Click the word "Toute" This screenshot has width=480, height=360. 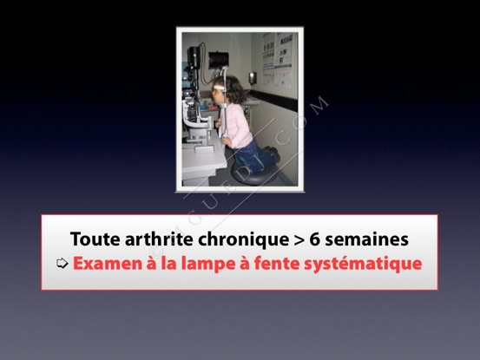[95, 239]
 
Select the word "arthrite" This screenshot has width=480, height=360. [159, 239]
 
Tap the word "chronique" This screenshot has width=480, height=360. [243, 240]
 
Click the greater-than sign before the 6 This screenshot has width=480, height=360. [299, 239]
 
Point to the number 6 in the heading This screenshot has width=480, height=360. [314, 239]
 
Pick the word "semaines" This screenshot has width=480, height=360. [366, 239]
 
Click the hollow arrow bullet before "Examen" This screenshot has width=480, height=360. [62, 263]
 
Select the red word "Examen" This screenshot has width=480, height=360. [108, 264]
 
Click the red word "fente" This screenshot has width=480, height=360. [276, 264]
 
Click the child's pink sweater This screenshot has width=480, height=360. [236, 126]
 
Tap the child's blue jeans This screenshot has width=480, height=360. [255, 156]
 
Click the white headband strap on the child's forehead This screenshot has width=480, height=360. [219, 88]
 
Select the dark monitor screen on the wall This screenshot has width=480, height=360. [219, 60]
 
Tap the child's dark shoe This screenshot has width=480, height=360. [274, 154]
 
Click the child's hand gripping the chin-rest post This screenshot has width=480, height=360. [227, 141]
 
